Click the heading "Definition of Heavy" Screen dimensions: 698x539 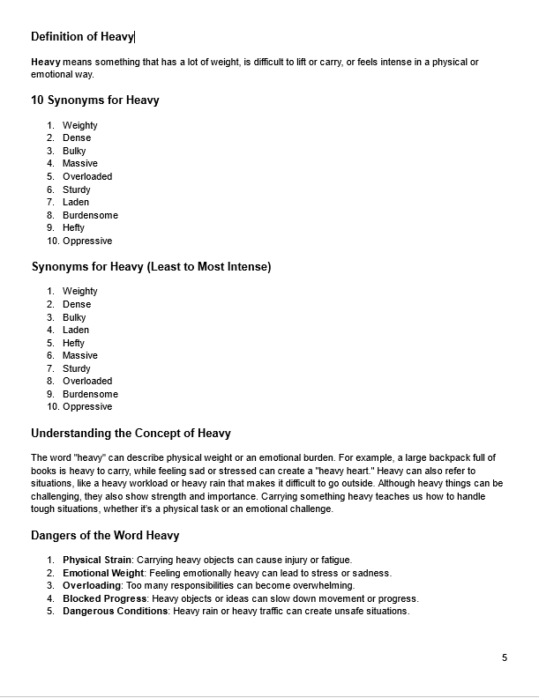[82, 36]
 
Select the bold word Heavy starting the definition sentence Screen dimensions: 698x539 [46, 62]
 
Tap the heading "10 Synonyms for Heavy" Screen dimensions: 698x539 [94, 100]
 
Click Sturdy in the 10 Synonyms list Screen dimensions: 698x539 [77, 189]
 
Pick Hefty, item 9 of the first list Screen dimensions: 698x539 [74, 228]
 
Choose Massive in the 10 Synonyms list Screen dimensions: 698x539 [80, 164]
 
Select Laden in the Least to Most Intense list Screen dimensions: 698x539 [76, 330]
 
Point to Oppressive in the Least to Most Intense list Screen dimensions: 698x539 [87, 407]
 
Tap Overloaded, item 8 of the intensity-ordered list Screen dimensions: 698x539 [87, 382]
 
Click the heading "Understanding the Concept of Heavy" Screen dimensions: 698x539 [131, 433]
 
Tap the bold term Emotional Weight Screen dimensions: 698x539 [103, 573]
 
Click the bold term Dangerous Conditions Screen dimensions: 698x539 [115, 612]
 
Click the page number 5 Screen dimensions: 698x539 [505, 657]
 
